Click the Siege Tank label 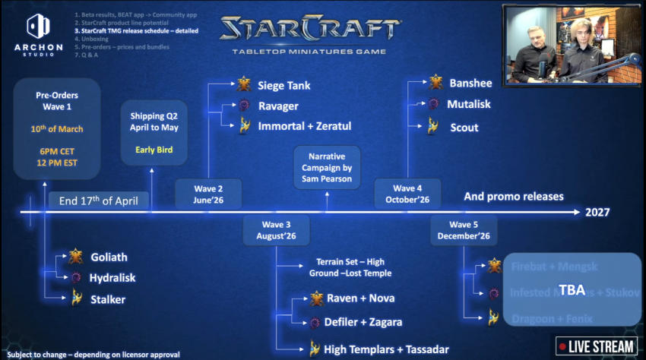pos(283,86)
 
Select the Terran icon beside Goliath pos(75,257)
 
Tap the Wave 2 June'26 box pos(208,194)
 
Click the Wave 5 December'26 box pos(464,230)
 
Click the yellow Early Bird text pos(154,150)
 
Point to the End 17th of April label pos(99,201)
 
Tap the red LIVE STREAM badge pos(596,346)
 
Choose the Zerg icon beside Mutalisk pos(434,105)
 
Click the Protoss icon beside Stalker pos(75,299)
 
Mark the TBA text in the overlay pos(571,289)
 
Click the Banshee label pos(470,83)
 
